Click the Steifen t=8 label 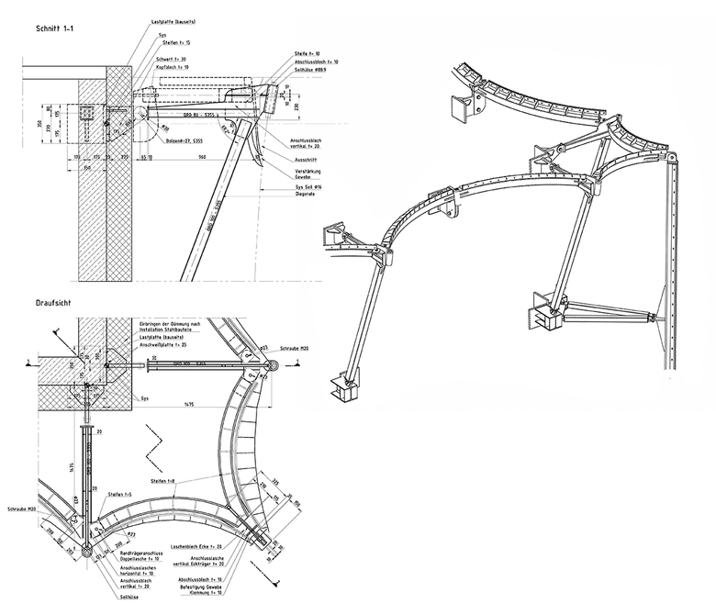point(165,481)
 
